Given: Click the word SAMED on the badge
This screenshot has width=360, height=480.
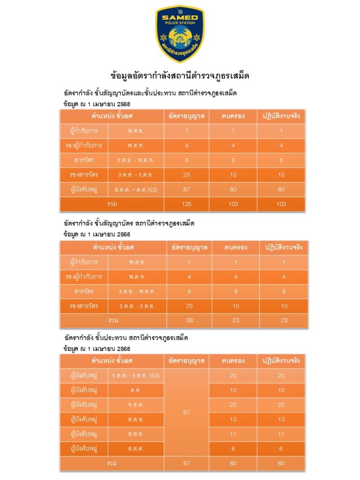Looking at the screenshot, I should (180, 17).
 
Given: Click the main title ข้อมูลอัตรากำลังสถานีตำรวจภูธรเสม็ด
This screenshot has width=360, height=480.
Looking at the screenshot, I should (180, 75).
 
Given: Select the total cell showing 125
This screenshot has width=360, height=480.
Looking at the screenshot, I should (187, 204).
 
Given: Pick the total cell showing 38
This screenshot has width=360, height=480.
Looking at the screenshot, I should (189, 321).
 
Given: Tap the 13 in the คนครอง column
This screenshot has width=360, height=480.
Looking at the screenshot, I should (233, 420).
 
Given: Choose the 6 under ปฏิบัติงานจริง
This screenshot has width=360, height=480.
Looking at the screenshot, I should (281, 449).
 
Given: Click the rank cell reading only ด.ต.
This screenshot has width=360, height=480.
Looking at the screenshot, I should (136, 390).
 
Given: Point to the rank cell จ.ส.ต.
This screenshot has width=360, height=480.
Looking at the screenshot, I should (136, 405).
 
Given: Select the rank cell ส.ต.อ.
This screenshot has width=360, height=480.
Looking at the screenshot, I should (136, 420).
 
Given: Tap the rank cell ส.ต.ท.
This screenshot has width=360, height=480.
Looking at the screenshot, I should (136, 434).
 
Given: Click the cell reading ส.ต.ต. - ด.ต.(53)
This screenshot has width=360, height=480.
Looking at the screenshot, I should (136, 189).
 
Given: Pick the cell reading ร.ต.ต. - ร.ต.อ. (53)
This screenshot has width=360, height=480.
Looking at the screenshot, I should (136, 375).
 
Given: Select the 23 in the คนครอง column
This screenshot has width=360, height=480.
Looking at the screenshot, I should (236, 321).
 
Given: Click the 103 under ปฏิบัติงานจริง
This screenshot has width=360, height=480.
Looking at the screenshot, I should (281, 204).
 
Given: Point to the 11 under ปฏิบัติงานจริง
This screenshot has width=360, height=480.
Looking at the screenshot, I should (281, 434).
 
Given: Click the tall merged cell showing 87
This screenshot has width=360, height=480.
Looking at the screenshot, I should (187, 412).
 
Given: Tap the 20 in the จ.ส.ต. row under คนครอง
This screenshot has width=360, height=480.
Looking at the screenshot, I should (233, 405).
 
